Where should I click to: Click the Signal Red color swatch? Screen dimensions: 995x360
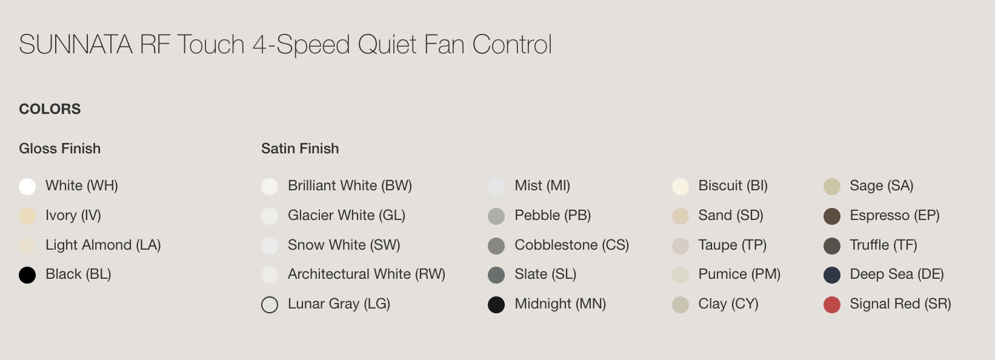click(832, 305)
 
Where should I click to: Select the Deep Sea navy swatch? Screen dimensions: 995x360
click(832, 275)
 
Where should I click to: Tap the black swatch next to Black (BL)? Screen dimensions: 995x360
click(27, 275)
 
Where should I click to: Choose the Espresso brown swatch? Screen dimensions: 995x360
click(832, 216)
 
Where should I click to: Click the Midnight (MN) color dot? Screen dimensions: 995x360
click(496, 305)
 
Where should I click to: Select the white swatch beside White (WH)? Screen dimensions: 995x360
click(27, 187)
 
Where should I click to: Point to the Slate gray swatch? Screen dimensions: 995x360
click(496, 275)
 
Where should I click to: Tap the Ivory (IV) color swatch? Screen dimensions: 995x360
click(27, 216)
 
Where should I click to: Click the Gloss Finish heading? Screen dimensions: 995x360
click(59, 148)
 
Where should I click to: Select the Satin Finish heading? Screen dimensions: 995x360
click(300, 148)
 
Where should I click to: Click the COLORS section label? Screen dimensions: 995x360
click(50, 109)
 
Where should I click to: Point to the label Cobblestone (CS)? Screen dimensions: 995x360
click(571, 245)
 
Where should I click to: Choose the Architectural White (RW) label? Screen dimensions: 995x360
click(367, 274)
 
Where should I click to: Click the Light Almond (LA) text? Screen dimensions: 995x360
click(103, 245)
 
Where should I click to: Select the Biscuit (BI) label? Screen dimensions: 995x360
click(733, 186)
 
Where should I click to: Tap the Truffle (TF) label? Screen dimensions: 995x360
click(884, 245)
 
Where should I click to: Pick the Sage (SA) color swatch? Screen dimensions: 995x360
click(832, 187)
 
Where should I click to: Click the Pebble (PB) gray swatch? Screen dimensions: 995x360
click(496, 216)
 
